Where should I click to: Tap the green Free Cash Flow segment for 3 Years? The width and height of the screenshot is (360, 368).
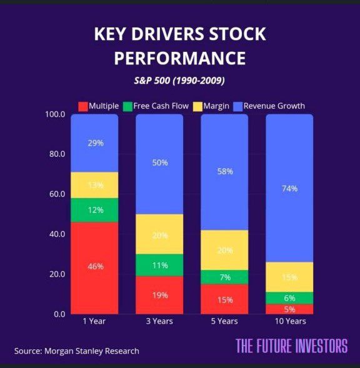[x=160, y=266]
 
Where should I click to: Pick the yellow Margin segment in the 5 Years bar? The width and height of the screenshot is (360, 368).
[x=225, y=250]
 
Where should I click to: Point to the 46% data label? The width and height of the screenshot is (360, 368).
[x=95, y=266]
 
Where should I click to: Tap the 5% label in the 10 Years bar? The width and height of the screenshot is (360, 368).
[x=290, y=309]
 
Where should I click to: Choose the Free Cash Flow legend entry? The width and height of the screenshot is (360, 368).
[x=157, y=106]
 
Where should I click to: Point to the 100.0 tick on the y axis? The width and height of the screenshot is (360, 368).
[x=55, y=114]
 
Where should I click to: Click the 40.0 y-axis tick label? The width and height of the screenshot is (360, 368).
[x=55, y=234]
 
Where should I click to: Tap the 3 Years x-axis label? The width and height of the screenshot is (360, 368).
[x=160, y=322]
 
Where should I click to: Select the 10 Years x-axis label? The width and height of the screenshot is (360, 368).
[x=290, y=322]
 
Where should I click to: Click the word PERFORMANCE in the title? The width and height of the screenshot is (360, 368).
[x=180, y=58]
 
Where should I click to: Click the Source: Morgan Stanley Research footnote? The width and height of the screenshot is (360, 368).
[x=77, y=351]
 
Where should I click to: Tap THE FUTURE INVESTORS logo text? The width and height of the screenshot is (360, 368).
[x=291, y=346]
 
